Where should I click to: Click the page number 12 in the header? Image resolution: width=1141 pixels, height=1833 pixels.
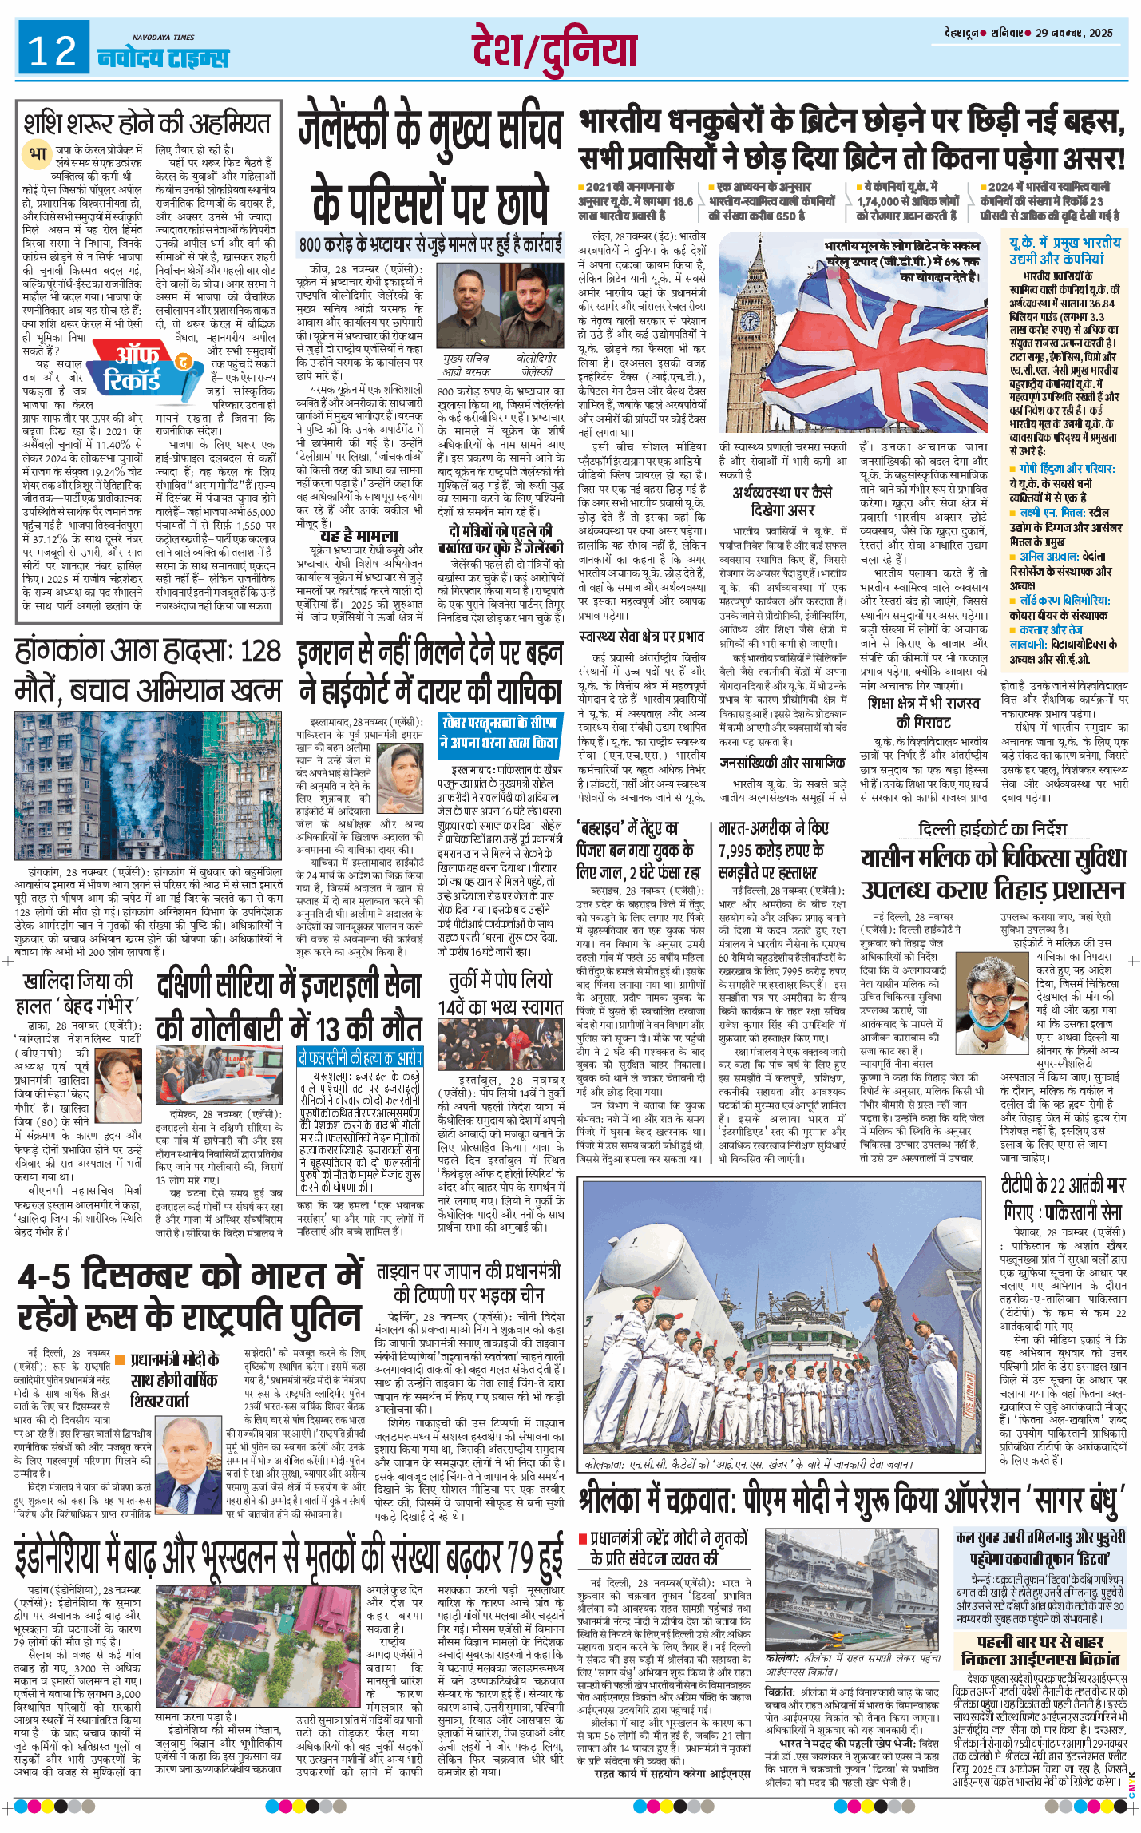53,51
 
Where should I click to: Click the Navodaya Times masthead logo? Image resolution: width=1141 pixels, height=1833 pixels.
162,56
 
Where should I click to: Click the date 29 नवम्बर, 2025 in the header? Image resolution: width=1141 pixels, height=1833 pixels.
1073,33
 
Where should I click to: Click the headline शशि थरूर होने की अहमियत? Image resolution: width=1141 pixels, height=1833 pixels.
148,124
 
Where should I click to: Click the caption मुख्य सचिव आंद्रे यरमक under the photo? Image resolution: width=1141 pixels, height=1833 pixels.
467,365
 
